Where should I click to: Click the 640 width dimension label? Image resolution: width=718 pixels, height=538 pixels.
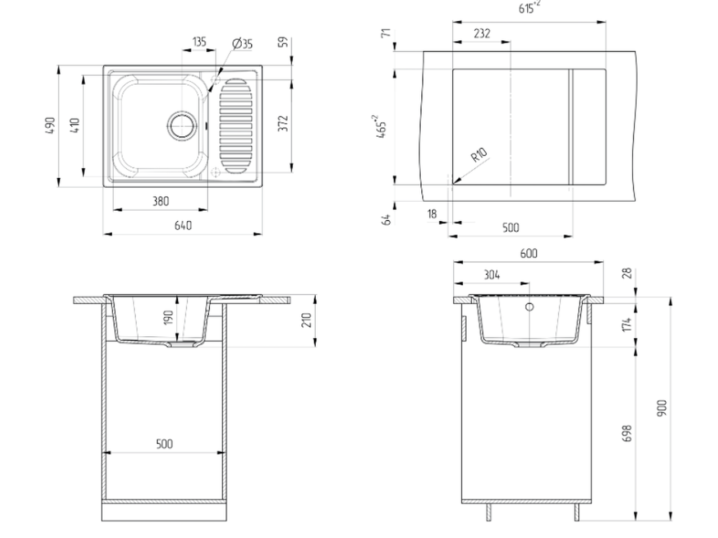click(x=183, y=225)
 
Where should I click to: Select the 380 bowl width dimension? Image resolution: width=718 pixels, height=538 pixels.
click(x=160, y=201)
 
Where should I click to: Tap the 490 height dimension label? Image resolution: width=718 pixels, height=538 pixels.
click(x=50, y=125)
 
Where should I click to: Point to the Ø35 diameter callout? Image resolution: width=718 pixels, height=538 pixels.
click(x=242, y=44)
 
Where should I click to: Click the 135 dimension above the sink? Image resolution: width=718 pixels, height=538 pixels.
click(x=199, y=42)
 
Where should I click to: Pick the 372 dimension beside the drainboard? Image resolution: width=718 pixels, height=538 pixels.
click(x=283, y=123)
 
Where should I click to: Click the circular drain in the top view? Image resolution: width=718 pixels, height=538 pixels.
click(x=182, y=126)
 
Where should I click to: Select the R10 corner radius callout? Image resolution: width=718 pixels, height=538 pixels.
click(x=479, y=155)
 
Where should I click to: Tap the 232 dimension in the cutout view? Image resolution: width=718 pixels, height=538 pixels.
click(x=482, y=33)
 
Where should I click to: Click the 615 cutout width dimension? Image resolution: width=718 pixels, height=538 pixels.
click(x=529, y=7)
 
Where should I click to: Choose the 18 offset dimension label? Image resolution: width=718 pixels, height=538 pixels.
click(x=432, y=214)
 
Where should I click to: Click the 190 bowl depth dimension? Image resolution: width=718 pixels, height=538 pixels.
click(x=168, y=318)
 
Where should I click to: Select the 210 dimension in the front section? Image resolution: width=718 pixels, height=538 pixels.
click(x=306, y=320)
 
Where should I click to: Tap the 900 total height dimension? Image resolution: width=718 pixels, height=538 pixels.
click(x=661, y=407)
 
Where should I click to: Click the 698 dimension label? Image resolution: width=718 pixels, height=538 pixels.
click(x=626, y=433)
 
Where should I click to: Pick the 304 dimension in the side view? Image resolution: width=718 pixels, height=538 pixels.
click(x=491, y=275)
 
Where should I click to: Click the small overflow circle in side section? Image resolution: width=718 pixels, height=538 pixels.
click(x=530, y=307)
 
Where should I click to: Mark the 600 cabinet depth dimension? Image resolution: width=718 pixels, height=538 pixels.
click(x=528, y=253)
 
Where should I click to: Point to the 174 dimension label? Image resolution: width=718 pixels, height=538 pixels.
click(x=626, y=324)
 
